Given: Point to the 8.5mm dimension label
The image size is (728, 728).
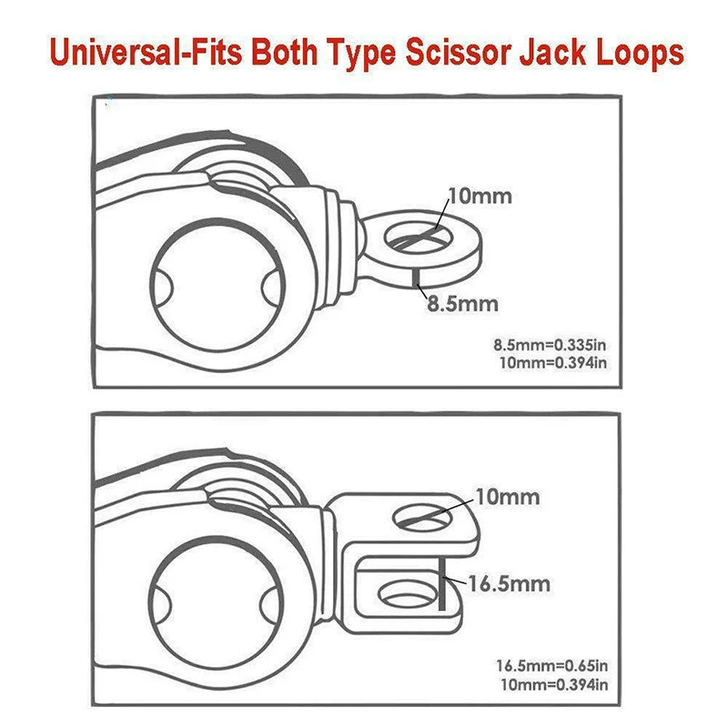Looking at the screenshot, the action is [x=463, y=303].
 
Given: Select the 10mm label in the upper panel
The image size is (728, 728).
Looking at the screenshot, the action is [x=480, y=196].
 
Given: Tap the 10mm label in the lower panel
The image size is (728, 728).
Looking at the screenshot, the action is [x=507, y=497].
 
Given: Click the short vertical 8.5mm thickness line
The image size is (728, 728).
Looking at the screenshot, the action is [x=416, y=276].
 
